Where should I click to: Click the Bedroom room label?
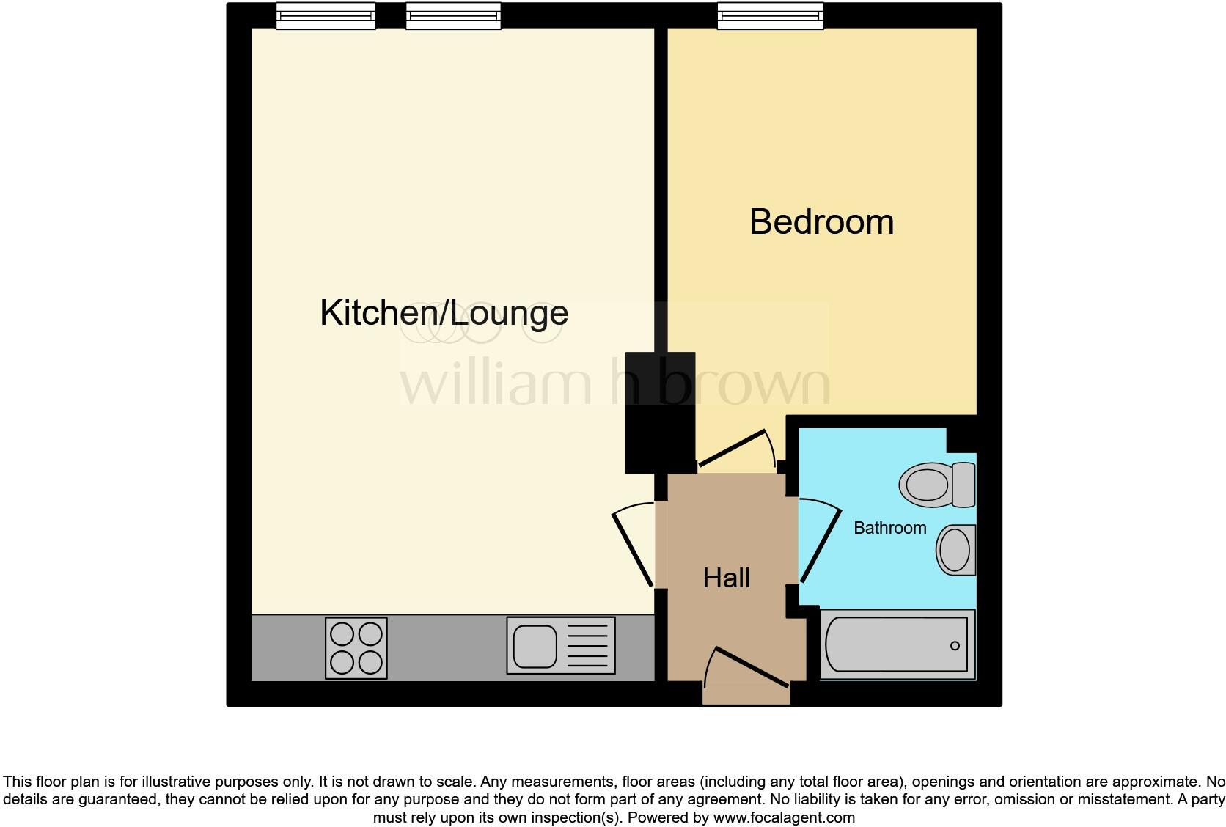pyautogui.click(x=821, y=222)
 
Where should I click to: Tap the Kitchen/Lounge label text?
pyautogui.click(x=444, y=313)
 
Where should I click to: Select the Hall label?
pyautogui.click(x=726, y=578)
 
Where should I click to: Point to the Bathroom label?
pyautogui.click(x=889, y=528)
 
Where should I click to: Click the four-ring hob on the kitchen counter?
pyautogui.click(x=356, y=647)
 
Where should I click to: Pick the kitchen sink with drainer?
pyautogui.click(x=560, y=645)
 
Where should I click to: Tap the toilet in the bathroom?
pyautogui.click(x=936, y=485)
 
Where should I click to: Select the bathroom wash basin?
pyautogui.click(x=956, y=549)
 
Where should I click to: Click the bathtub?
pyautogui.click(x=897, y=644)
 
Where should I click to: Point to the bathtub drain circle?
pyautogui.click(x=955, y=646)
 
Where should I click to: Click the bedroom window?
pyautogui.click(x=770, y=16)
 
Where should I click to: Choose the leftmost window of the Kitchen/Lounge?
pyautogui.click(x=326, y=16)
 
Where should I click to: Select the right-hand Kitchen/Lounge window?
pyautogui.click(x=453, y=16)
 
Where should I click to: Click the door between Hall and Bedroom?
pyautogui.click(x=733, y=448)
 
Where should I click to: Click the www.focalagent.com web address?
pyautogui.click(x=784, y=817)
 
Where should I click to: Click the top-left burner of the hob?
pyautogui.click(x=342, y=633)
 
